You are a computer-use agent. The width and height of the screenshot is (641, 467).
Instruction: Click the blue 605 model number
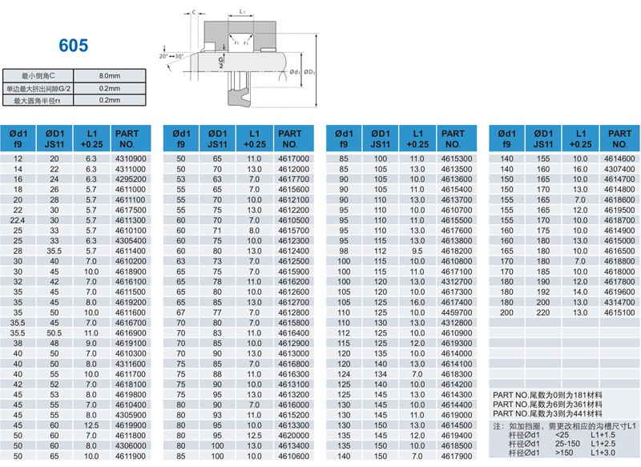[x=73, y=46]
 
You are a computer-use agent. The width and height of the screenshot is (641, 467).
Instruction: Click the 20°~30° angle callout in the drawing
[x=171, y=56]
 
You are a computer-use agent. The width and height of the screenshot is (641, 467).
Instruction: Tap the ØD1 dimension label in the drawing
[x=310, y=71]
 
